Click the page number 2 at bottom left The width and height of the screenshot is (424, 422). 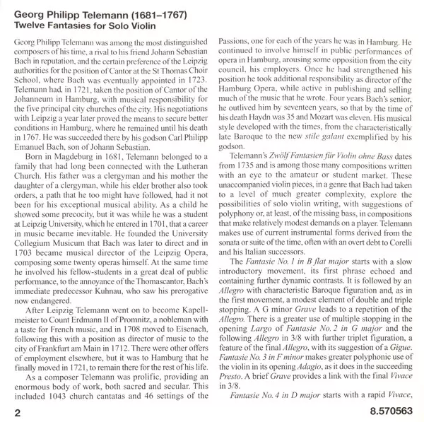pyautogui.click(x=8, y=409)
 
